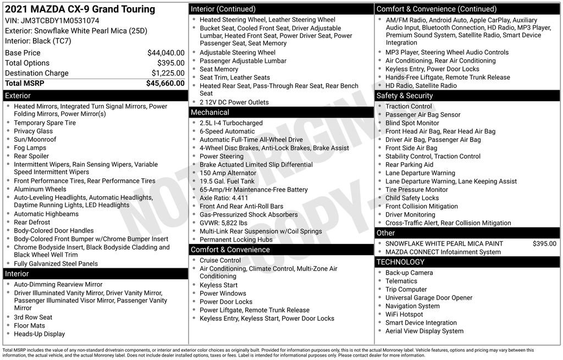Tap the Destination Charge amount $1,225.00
(x=168, y=73)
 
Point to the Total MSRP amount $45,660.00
(x=165, y=84)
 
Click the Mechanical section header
(x=210, y=112)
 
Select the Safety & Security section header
(x=405, y=96)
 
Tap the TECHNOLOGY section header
(x=401, y=262)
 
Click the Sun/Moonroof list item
(x=35, y=140)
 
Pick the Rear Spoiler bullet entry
(x=32, y=156)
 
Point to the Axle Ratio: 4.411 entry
(x=224, y=198)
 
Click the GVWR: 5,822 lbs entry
(x=223, y=223)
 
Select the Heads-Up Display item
(x=39, y=334)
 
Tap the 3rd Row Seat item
(x=33, y=317)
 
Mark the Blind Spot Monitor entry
(x=412, y=123)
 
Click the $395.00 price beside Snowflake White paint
(x=544, y=244)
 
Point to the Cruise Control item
(x=220, y=261)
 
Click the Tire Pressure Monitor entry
(x=417, y=190)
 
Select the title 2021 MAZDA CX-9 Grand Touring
(x=80, y=9)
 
